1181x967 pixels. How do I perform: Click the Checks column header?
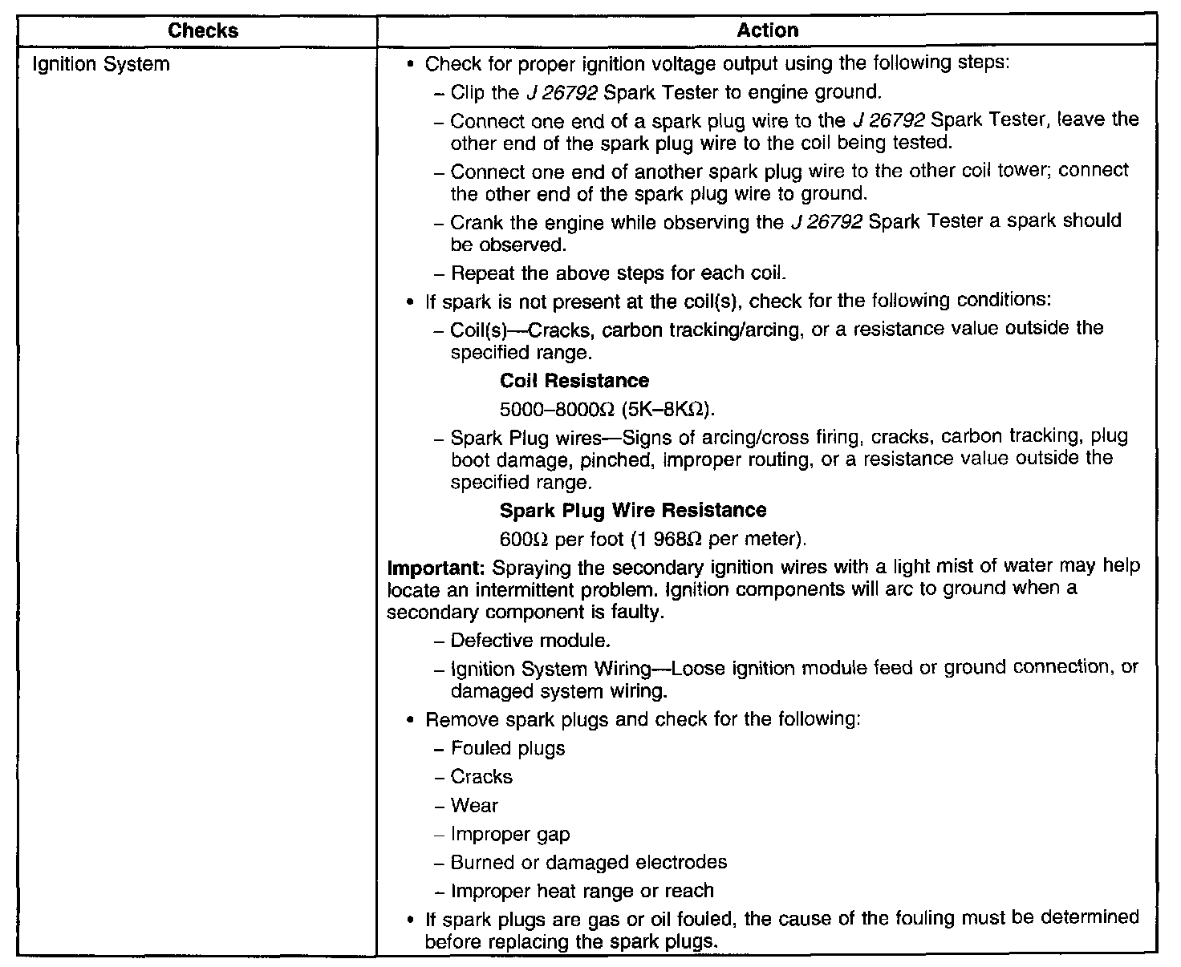[203, 30]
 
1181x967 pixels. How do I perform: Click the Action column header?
[767, 30]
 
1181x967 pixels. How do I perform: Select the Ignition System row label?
[100, 64]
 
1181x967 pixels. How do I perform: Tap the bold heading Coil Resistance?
[574, 380]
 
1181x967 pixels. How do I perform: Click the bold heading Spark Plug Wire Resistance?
[632, 510]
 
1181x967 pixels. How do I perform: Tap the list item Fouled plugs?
[508, 748]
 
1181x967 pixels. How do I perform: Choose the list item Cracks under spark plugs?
[481, 776]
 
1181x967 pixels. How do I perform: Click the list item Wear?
[474, 805]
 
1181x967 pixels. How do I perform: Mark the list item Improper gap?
[510, 834]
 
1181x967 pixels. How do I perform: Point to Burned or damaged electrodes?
[589, 862]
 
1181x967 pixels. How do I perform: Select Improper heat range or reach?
[582, 891]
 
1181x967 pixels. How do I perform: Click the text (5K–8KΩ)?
[668, 409]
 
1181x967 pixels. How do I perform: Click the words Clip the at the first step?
[485, 92]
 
